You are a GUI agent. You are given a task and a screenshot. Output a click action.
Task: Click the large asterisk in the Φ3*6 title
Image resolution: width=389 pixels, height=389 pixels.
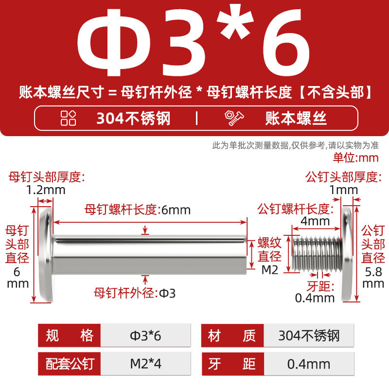[235, 21]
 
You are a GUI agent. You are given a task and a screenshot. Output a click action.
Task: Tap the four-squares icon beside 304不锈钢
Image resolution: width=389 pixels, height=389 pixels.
[68, 118]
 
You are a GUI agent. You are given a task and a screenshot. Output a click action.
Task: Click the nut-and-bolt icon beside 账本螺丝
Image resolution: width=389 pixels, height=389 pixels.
[234, 118]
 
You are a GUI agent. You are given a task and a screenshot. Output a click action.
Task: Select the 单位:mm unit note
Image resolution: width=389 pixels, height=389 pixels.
[356, 158]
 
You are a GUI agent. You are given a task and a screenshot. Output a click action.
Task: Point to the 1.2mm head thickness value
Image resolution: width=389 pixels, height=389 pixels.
[46, 190]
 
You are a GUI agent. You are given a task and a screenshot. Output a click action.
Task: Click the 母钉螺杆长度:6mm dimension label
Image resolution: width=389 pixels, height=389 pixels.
[138, 210]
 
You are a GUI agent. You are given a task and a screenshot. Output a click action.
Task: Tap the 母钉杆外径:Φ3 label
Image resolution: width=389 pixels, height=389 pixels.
[135, 293]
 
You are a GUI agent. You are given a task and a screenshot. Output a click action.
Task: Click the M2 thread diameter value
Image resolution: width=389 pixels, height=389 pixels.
[270, 270]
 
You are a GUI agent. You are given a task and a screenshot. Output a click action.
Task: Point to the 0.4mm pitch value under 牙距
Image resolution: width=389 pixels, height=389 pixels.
[315, 298]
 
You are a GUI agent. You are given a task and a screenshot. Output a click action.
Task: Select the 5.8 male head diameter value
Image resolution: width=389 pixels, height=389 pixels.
[373, 272]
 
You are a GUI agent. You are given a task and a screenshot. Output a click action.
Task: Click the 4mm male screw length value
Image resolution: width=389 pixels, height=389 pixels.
[315, 221]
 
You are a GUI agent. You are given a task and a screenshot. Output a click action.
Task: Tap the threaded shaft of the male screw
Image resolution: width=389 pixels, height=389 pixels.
[317, 253]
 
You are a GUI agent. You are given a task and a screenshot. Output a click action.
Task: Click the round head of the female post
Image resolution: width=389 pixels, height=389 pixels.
[46, 254]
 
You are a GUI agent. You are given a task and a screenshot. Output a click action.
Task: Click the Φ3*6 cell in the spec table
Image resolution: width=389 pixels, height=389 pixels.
[145, 336]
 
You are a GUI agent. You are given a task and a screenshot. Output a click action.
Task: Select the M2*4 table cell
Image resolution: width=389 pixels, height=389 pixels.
[145, 364]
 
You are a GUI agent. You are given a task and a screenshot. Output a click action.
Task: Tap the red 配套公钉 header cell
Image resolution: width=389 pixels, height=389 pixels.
[70, 364]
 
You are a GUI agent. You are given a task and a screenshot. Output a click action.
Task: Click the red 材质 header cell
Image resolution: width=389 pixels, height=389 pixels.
[232, 336]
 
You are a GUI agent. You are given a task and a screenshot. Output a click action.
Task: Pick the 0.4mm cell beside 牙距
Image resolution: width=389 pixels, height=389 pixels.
[309, 364]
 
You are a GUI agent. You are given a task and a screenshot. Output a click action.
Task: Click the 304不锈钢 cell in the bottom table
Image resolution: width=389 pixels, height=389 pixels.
[309, 336]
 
